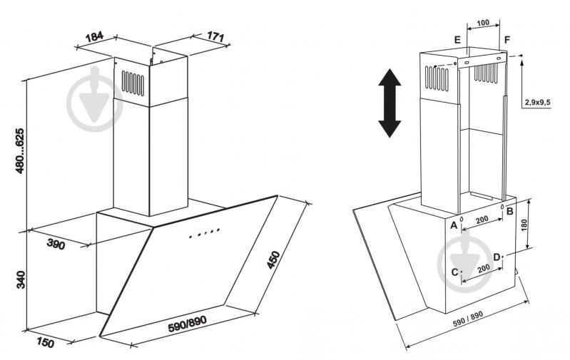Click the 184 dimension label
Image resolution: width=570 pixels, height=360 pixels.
[x=94, y=37]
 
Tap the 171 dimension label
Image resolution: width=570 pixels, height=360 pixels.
[x=215, y=36]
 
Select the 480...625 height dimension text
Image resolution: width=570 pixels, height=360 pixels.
[x=20, y=150]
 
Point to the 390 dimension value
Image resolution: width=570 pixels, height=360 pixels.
[x=56, y=245]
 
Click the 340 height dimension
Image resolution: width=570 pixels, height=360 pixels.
[x=21, y=279]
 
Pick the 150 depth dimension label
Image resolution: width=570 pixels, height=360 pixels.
[x=45, y=342]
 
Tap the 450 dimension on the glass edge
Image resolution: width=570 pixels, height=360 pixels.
[x=273, y=259]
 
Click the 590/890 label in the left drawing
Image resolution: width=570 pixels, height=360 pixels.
[x=187, y=324]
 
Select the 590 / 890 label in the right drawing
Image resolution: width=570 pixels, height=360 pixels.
[x=468, y=319]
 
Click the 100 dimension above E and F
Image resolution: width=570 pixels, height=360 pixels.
[x=483, y=23]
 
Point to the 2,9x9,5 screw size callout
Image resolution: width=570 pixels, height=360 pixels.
[x=537, y=103]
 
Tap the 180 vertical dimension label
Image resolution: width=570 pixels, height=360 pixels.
[x=524, y=225]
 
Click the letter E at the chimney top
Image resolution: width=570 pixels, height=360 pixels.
[x=457, y=40]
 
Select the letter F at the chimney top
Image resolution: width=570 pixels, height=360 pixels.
[x=507, y=39]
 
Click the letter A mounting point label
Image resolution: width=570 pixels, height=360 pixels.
[x=454, y=225]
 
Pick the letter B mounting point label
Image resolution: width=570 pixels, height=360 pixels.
[x=509, y=211]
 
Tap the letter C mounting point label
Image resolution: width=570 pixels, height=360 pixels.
[x=454, y=272]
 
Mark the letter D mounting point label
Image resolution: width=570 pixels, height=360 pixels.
[x=497, y=257]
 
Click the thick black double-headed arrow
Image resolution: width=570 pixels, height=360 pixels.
[x=390, y=103]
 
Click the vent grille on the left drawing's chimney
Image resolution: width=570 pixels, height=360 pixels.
[x=133, y=83]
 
